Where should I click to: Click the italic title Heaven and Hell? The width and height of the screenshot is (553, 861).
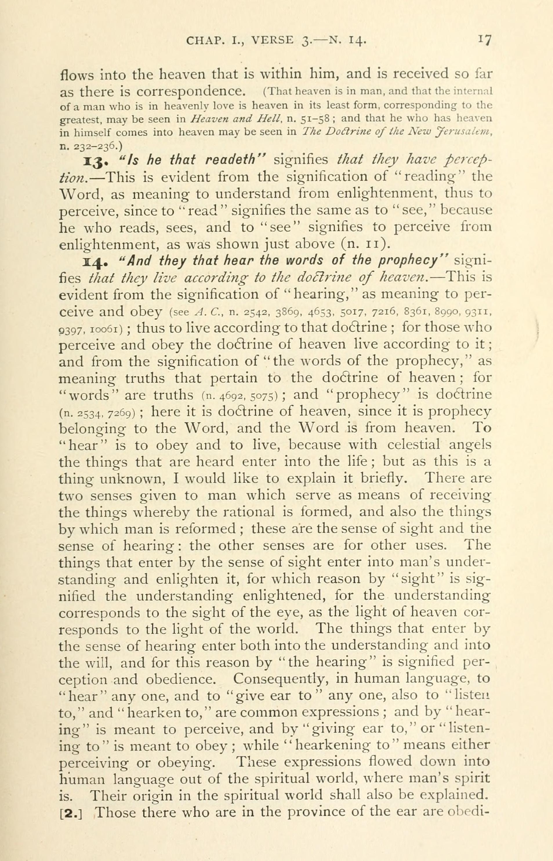pos(222,119)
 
